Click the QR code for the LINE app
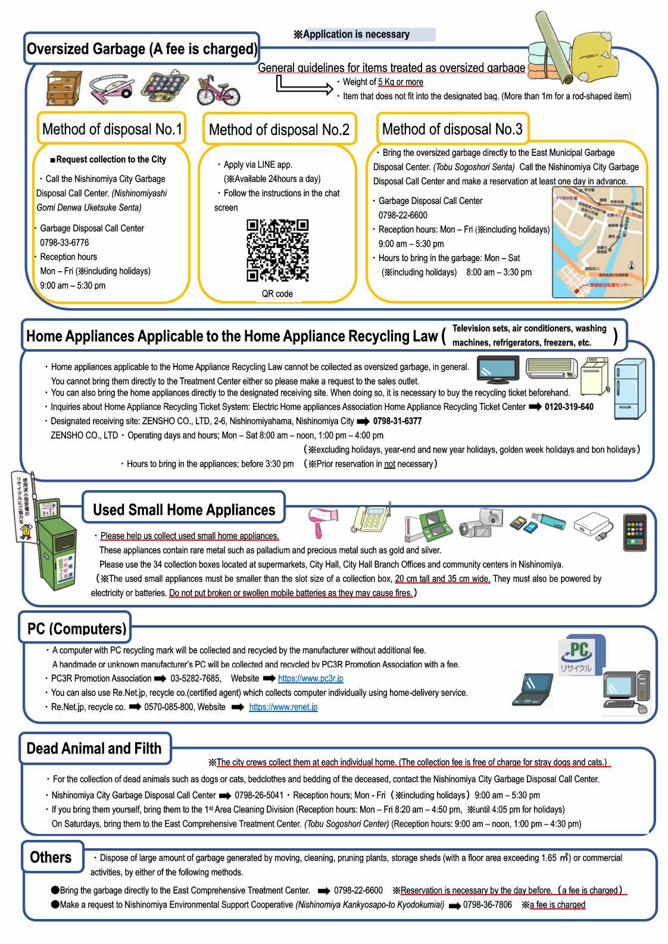pyautogui.click(x=277, y=250)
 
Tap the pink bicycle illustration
pyautogui.click(x=218, y=90)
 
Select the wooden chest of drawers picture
pyautogui.click(x=64, y=88)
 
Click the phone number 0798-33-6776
pyautogui.click(x=64, y=243)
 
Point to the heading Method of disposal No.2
pyautogui.click(x=279, y=130)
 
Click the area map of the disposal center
pyautogui.click(x=597, y=242)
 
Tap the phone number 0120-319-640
pyautogui.click(x=569, y=407)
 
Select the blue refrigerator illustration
pyautogui.click(x=629, y=389)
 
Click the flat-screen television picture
pyautogui.click(x=498, y=369)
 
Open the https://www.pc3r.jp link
pyautogui.click(x=310, y=678)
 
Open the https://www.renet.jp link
pyautogui.click(x=283, y=707)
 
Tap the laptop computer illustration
pyautogui.click(x=532, y=691)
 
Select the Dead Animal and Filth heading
pyautogui.click(x=94, y=748)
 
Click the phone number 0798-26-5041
pyautogui.click(x=259, y=795)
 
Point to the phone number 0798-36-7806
pyautogui.click(x=487, y=905)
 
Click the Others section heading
pyautogui.click(x=51, y=857)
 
